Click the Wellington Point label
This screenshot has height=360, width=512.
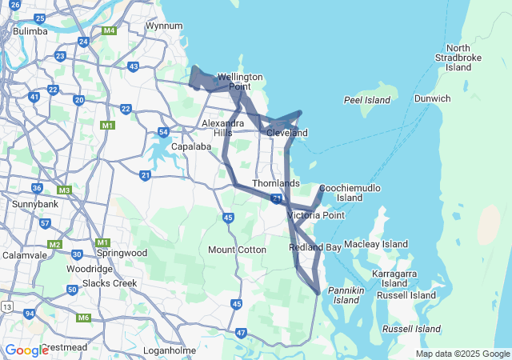240,82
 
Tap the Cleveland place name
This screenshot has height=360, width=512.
287,132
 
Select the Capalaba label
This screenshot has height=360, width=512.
190,146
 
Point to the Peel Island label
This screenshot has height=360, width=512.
366,100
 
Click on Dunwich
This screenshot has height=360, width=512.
432,98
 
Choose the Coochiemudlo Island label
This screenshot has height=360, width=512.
350,193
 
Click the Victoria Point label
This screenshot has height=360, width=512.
315,215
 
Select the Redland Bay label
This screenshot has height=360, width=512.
315,248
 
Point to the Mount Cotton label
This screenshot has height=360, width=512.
237,250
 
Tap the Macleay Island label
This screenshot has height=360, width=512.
375,244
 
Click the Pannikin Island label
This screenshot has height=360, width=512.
346,294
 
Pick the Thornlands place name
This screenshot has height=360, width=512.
276,183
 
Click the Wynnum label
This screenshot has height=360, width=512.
164,26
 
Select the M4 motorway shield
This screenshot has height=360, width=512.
110,31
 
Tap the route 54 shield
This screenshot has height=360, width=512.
163,132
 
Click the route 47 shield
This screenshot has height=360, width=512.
242,332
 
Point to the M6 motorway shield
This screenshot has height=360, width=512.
84,318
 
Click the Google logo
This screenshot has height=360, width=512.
26,350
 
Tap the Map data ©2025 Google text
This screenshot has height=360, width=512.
463,354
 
